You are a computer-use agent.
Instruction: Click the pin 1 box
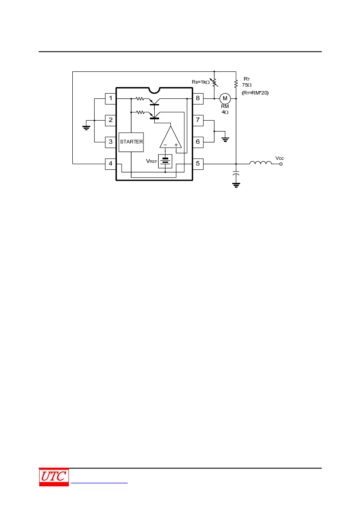coord(111,99)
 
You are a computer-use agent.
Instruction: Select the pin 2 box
coord(111,121)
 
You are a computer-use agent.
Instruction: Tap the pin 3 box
coord(111,142)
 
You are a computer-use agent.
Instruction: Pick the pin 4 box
coord(111,164)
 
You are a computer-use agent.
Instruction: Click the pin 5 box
coord(198,164)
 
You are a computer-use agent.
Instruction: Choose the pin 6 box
coord(198,142)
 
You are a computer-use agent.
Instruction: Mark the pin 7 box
coord(198,121)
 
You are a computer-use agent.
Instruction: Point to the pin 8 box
coord(198,99)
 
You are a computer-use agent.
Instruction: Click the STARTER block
coord(131,142)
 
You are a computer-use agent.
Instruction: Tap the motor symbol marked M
coord(225,98)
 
